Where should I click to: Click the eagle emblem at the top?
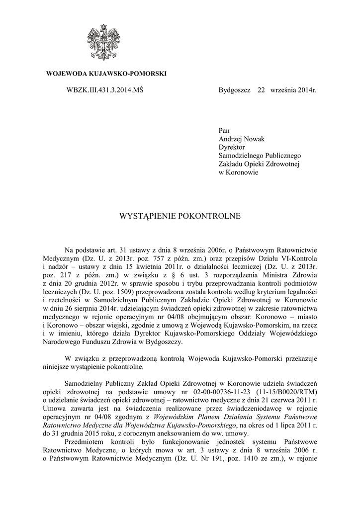[x=105, y=43]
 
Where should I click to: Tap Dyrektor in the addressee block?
[x=232, y=147]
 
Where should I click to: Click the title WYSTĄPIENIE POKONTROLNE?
[x=180, y=216]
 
